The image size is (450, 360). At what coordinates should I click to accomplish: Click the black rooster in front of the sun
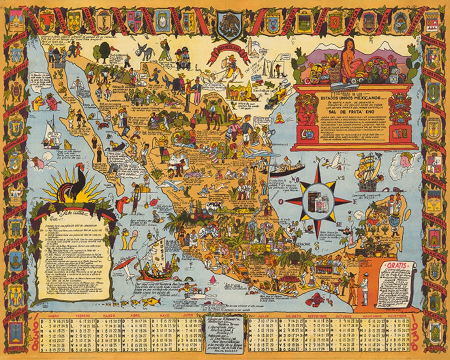pos(75,186)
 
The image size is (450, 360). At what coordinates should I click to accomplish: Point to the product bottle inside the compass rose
pos(318,201)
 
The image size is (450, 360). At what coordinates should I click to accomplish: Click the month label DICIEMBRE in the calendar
pos(399,316)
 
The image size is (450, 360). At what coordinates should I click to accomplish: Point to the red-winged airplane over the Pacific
pos(124,263)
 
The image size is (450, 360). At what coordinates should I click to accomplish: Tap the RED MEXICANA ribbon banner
pos(229,51)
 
